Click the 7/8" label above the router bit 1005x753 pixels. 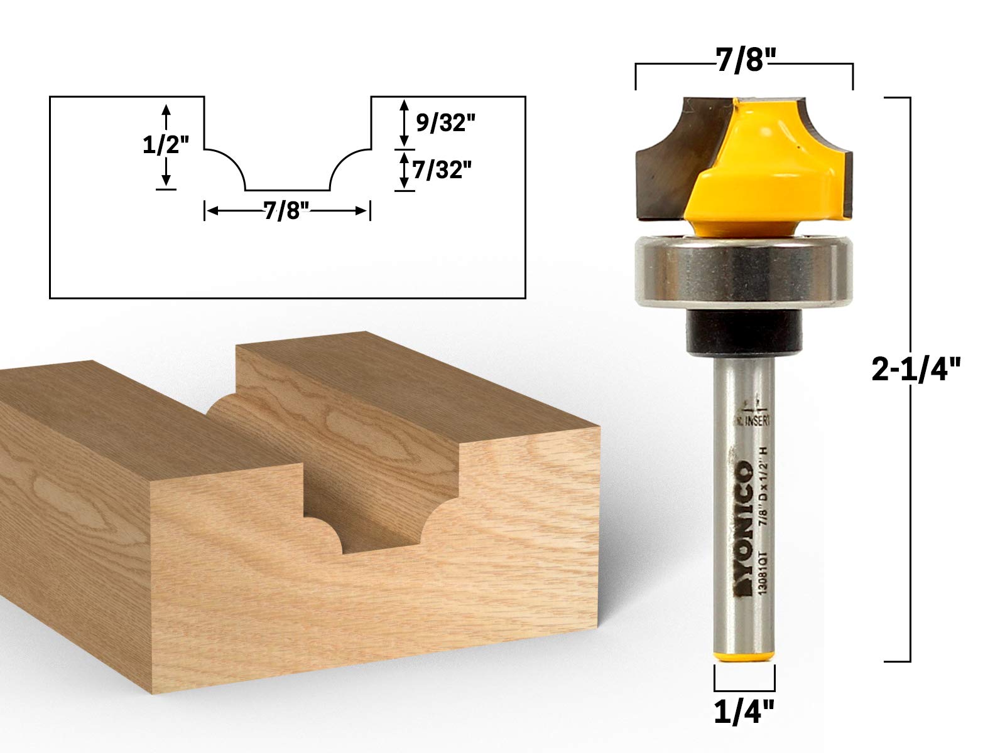744,63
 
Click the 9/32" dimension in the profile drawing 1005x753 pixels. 443,124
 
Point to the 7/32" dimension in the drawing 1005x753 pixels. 442,170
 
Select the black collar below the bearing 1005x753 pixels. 744,330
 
